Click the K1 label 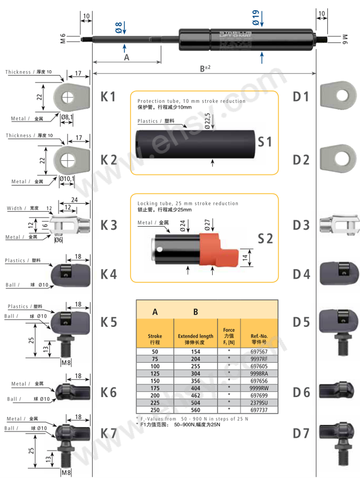108,97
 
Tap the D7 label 301,432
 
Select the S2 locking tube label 265,238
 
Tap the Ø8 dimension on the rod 119,27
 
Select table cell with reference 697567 259,352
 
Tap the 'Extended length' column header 195,339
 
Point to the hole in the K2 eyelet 66,160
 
